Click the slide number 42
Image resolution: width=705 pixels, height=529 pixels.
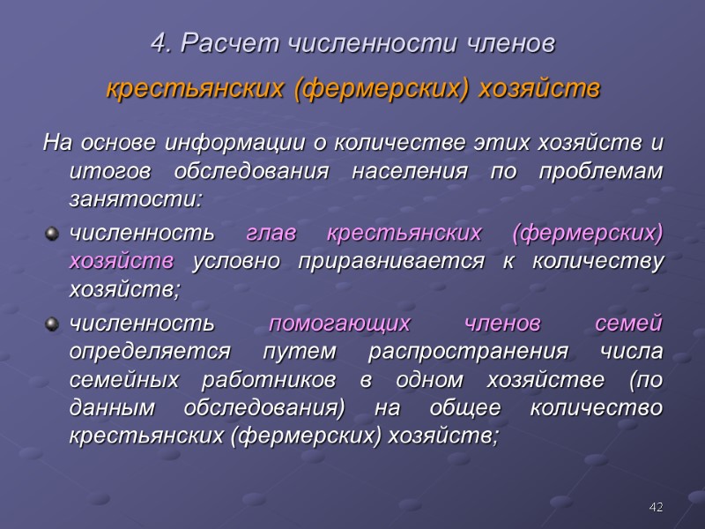click(x=656, y=507)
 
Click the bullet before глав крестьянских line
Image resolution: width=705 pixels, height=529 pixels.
click(x=52, y=233)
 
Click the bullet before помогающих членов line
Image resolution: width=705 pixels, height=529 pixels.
click(x=52, y=324)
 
